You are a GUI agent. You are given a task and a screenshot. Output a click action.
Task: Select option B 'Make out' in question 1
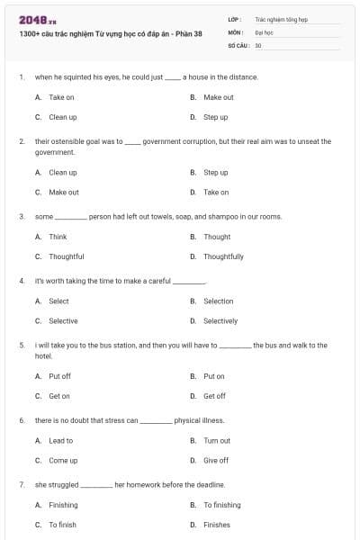[218, 97]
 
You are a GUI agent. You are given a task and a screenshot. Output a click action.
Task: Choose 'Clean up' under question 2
[62, 172]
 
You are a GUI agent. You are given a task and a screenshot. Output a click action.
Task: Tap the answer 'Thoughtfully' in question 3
[223, 256]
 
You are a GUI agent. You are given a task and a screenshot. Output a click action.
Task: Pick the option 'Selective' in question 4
[63, 320]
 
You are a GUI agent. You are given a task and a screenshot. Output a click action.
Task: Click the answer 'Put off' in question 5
[59, 376]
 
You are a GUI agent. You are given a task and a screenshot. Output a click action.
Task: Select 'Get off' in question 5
[214, 396]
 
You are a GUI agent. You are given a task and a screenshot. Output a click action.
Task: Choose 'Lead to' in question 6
[60, 440]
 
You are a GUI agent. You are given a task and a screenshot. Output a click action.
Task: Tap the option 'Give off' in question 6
[215, 460]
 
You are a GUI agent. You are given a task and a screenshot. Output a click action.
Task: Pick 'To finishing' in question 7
[221, 505]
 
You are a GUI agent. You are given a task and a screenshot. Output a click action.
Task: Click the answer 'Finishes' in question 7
[216, 525]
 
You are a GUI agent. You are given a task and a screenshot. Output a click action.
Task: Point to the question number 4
[21, 281]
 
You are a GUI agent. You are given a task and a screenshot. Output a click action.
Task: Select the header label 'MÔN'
[235, 31]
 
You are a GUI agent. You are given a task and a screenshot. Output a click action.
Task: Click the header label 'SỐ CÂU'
[238, 44]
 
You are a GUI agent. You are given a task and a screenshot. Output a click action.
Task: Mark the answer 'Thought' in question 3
[217, 237]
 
